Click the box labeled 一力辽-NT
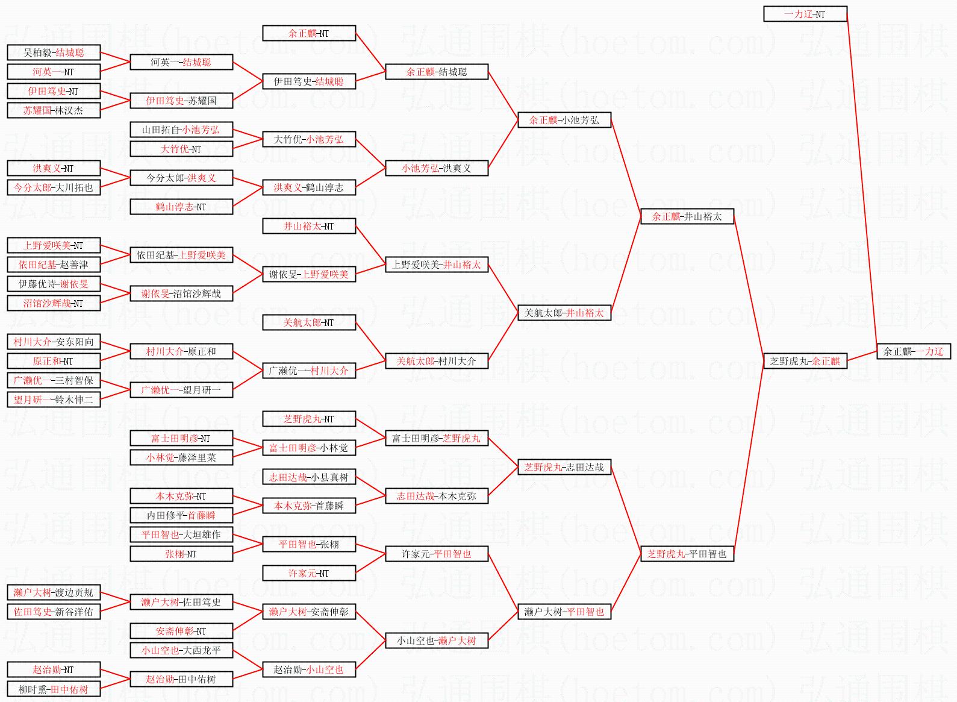point(805,14)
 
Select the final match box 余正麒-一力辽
point(913,351)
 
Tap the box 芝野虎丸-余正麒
point(805,361)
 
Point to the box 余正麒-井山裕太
point(687,216)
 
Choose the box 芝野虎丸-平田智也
point(687,554)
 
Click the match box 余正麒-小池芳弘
point(564,120)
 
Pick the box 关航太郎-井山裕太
point(564,313)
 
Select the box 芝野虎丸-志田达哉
point(564,467)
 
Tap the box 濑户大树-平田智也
point(564,612)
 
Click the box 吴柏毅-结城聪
point(54,52)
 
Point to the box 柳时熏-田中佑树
point(54,689)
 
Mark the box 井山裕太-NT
point(309,226)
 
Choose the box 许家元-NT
point(309,573)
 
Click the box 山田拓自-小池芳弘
point(181,130)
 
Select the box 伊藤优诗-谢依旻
point(54,284)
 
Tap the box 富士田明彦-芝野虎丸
point(436,438)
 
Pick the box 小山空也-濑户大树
point(436,641)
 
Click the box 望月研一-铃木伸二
point(54,400)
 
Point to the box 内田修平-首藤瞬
point(181,515)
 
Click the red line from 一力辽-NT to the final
point(862,181)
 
